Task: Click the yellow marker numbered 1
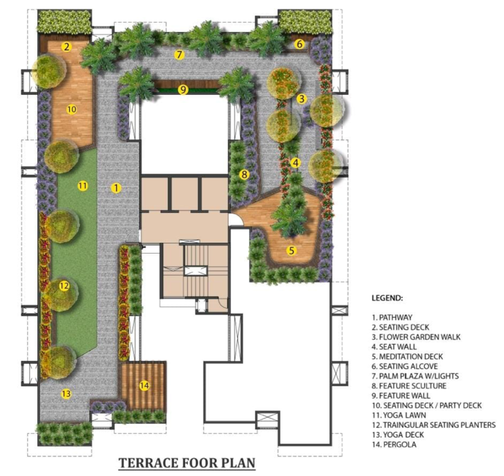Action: tap(116, 187)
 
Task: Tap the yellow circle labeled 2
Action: tap(66, 47)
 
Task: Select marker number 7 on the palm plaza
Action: tap(179, 55)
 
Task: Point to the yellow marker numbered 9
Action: tap(183, 89)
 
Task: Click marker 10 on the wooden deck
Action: tap(71, 108)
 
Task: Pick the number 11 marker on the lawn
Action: tap(83, 185)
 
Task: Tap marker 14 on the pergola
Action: tap(143, 385)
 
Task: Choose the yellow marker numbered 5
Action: tap(292, 250)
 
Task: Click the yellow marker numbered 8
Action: tap(244, 174)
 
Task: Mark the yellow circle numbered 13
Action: tap(66, 394)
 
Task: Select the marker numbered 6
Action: tap(299, 45)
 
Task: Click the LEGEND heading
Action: tap(387, 297)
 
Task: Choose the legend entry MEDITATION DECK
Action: tap(409, 356)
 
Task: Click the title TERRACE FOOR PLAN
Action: tap(187, 463)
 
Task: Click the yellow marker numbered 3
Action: tap(302, 99)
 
